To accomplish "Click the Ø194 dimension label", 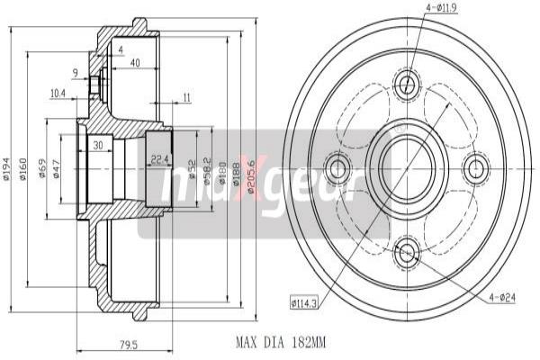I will click(7, 168).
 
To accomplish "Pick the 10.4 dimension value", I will click(58, 93).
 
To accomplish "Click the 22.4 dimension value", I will click(158, 160).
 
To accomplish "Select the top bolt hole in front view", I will click(407, 85).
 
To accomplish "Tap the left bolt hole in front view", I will click(339, 167).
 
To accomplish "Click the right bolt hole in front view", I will click(475, 167).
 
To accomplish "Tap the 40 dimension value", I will click(135, 62).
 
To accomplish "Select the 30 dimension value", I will click(96, 146).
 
